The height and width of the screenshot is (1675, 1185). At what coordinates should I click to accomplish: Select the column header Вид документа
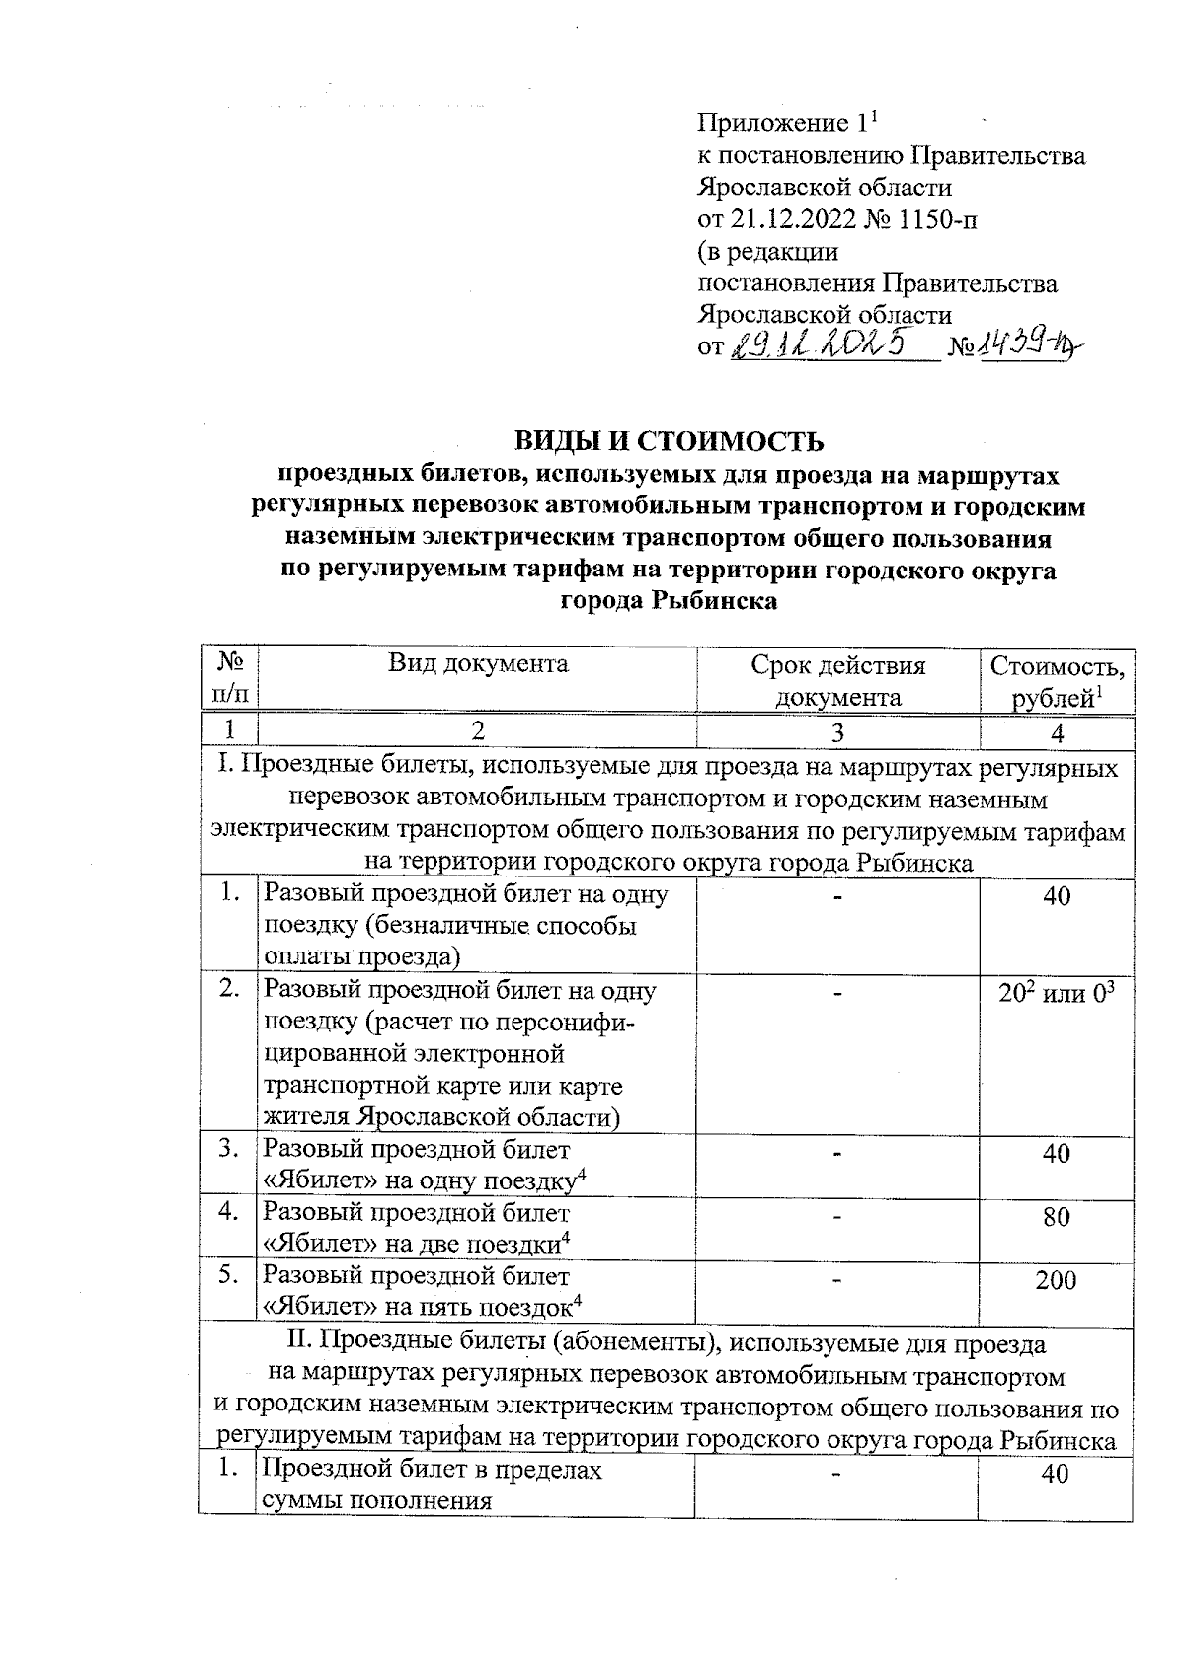478,663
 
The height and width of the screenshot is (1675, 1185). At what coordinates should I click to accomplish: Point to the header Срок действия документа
837,680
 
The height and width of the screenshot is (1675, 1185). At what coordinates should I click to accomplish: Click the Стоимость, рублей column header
1057,680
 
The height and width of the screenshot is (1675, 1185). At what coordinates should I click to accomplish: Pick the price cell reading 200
1056,1281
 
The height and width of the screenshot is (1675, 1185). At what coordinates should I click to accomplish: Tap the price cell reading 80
1056,1217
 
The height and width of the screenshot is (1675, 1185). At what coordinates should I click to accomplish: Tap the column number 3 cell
837,732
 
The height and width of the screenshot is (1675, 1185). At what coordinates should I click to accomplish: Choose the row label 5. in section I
229,1275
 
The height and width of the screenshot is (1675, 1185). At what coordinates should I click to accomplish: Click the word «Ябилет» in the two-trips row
313,1243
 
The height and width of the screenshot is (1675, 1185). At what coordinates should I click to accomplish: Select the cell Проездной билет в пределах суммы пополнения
433,1485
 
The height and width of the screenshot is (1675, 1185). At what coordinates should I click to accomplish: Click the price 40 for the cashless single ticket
1056,896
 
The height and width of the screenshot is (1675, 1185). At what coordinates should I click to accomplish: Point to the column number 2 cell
478,732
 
